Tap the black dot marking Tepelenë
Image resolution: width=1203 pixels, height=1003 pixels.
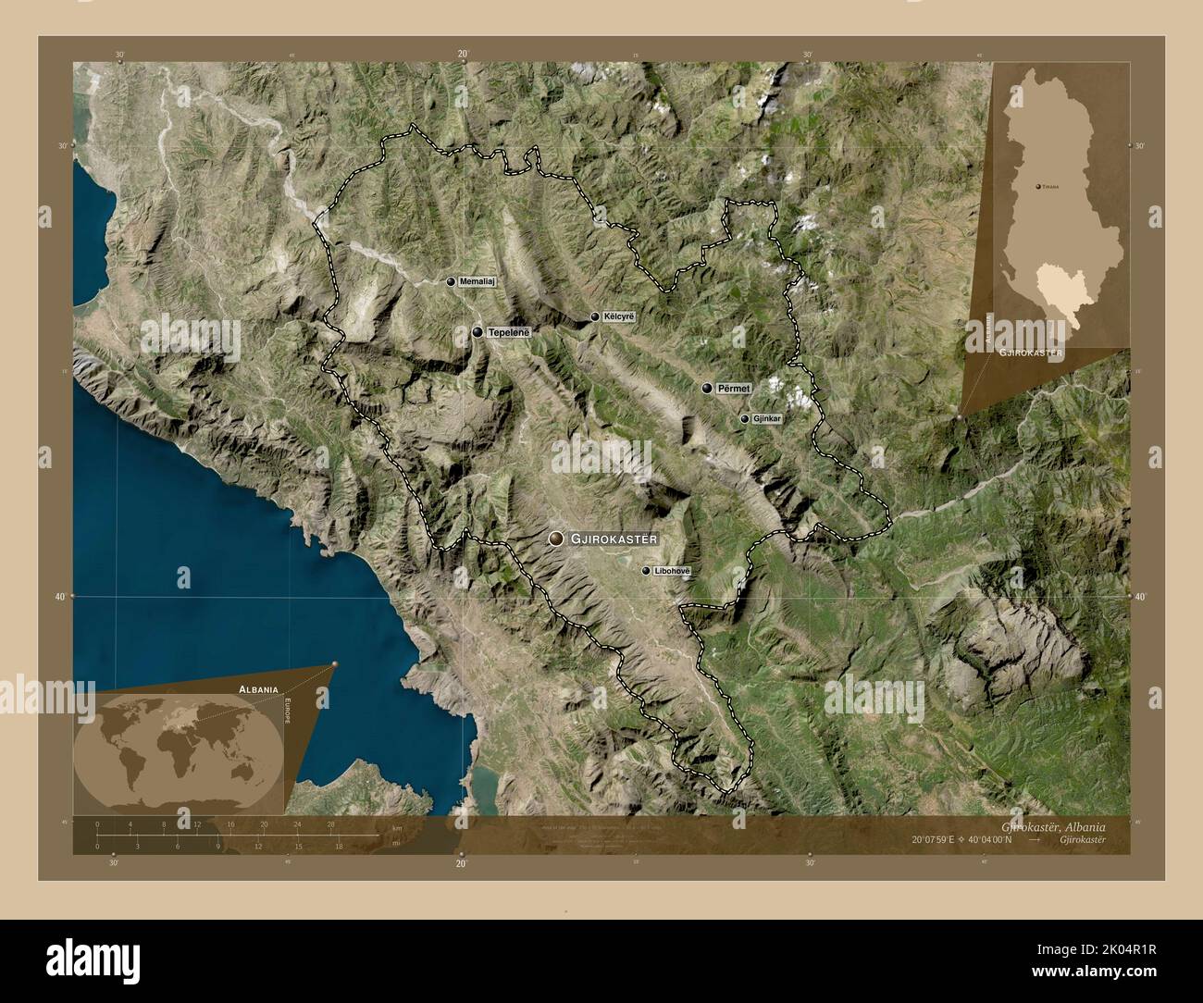tap(477, 332)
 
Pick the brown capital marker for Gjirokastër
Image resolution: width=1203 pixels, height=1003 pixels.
tap(555, 538)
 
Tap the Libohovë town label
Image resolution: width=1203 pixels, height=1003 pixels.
tap(672, 571)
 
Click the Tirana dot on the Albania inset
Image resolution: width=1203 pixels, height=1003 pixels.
tap(1038, 186)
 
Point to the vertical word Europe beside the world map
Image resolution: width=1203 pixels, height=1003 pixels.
tap(287, 715)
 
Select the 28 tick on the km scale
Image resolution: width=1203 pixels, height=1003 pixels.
tap(330, 823)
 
